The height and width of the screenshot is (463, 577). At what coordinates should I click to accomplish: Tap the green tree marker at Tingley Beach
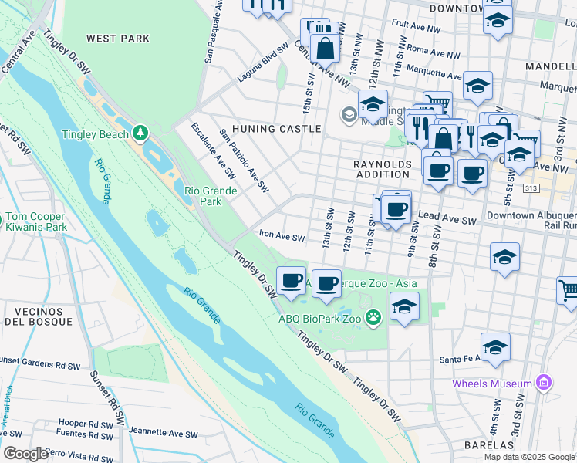point(140,133)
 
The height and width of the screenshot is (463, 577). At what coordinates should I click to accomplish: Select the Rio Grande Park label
point(203,196)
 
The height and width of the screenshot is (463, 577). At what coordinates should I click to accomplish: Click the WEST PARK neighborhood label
point(118,38)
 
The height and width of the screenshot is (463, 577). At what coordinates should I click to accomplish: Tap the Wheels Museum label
point(491,384)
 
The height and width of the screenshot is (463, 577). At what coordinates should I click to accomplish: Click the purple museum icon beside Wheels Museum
point(543,383)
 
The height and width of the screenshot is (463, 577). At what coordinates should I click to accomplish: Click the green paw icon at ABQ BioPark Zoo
point(374,317)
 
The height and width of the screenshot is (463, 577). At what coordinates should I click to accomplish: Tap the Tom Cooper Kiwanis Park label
point(35,221)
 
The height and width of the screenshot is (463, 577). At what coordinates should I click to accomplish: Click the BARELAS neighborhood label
point(489,445)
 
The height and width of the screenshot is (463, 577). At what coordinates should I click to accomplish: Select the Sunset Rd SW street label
point(107,398)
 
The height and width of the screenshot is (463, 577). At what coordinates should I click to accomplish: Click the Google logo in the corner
point(25,454)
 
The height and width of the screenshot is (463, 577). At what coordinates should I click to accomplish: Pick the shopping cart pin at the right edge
point(568,292)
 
